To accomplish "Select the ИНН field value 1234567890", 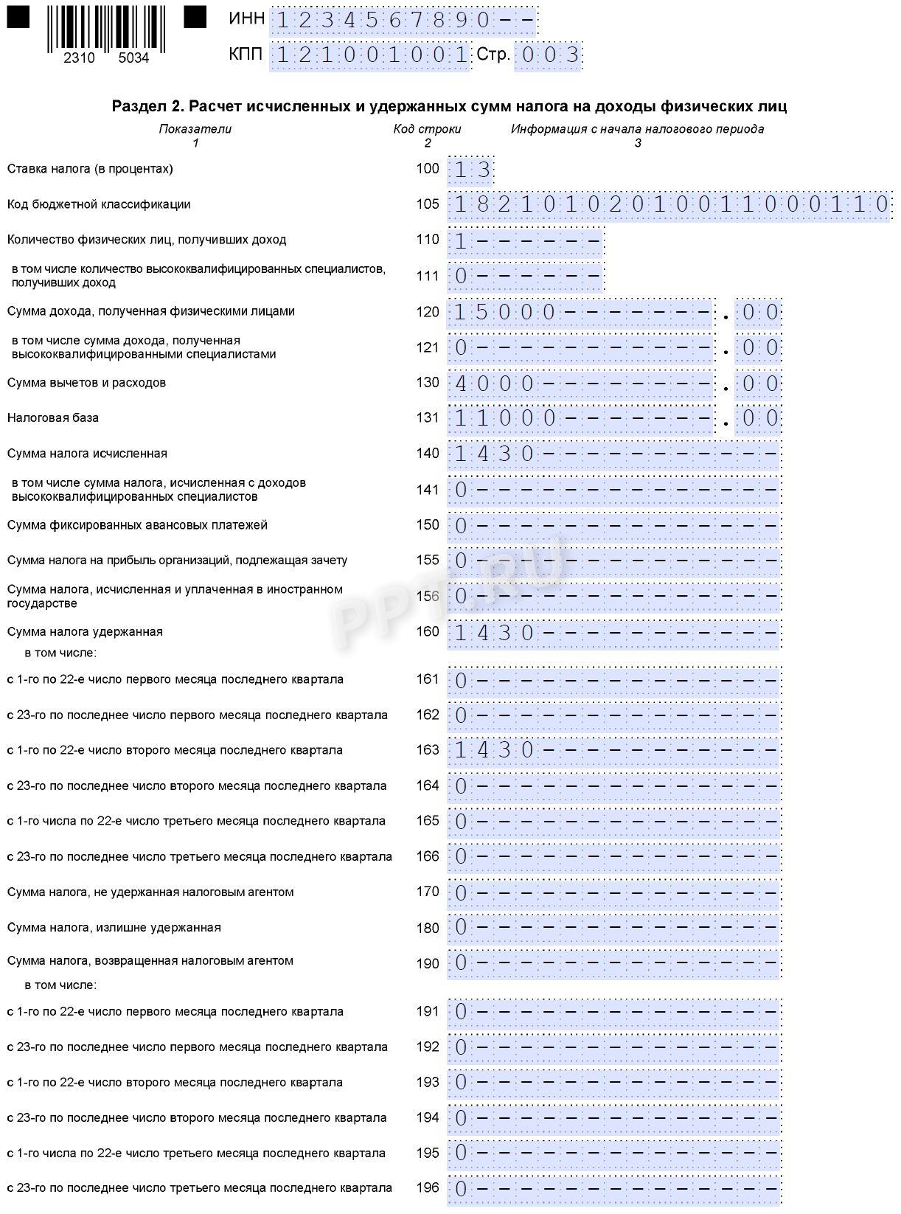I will coord(403,21).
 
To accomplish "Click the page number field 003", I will coord(548,55).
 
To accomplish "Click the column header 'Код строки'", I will coord(427,129).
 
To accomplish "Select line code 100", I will coord(428,169).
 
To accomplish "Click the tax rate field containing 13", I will coord(471,170).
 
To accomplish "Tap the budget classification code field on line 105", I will coord(669,204).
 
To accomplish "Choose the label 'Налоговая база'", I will coord(53,418).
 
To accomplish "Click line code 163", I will coord(428,750).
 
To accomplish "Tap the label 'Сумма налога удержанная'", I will coord(85,632).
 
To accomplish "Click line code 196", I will coord(428,1188).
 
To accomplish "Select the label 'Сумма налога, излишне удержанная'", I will coord(114,928).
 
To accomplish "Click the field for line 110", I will coord(526,240).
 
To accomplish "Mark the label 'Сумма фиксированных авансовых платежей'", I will coord(137,525).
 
